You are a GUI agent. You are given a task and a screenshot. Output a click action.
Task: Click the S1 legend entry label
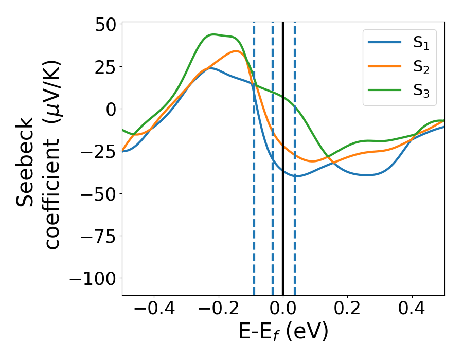click(421, 44)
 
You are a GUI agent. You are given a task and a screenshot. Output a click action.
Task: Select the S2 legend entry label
click(421, 67)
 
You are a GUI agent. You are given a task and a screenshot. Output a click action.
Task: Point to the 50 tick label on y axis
click(107, 24)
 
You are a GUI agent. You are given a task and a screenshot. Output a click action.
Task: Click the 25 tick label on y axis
click(107, 66)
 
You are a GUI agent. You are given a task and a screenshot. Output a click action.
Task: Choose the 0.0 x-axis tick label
click(283, 310)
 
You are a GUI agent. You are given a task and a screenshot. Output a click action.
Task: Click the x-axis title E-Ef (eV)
click(283, 333)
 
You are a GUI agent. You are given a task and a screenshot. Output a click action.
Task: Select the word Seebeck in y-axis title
click(26, 161)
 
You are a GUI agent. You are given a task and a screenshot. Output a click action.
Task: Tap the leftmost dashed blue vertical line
click(254, 231)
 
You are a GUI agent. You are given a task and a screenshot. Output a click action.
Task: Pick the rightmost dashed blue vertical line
click(295, 231)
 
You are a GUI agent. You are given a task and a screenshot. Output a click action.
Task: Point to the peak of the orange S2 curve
click(236, 51)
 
